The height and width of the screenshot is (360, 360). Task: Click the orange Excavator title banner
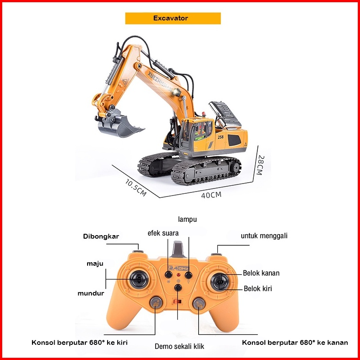point(173,18)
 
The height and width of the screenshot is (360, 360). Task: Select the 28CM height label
point(261,164)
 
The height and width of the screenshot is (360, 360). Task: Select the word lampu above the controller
point(187,219)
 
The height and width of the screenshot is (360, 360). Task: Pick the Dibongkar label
point(101,236)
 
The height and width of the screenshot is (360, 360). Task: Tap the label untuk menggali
point(264,236)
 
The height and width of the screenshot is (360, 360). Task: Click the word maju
point(95,264)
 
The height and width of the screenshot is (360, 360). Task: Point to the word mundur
point(91,293)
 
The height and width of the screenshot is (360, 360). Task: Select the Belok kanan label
point(261,273)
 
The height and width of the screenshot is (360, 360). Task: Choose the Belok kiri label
point(258,288)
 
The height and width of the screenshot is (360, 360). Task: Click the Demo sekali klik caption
point(179,346)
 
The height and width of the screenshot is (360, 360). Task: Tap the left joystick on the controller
point(138,279)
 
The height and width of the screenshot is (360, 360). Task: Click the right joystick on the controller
point(219,281)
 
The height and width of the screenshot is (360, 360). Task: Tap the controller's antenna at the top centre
point(179,249)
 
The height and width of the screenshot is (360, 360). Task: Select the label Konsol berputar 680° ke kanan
point(295,343)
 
